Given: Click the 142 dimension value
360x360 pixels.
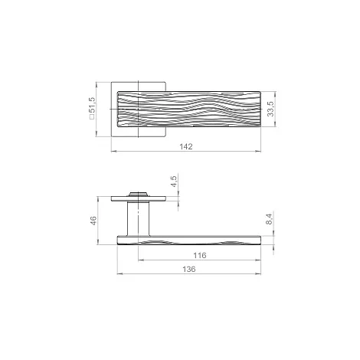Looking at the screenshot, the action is (186, 146).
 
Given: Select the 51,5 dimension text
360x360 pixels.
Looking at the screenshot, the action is (92, 105).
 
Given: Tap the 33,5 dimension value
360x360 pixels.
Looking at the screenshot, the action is (270, 109).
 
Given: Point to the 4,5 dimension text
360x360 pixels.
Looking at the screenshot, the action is (174, 182).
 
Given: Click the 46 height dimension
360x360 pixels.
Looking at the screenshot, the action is (93, 221).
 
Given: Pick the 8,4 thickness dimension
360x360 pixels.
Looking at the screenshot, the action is (269, 219).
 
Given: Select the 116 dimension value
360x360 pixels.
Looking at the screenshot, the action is (199, 255).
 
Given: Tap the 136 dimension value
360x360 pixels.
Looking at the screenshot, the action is (189, 269).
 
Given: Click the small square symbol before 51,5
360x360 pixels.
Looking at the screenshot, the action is (92, 116).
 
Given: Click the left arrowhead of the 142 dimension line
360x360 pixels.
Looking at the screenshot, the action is (114, 151).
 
